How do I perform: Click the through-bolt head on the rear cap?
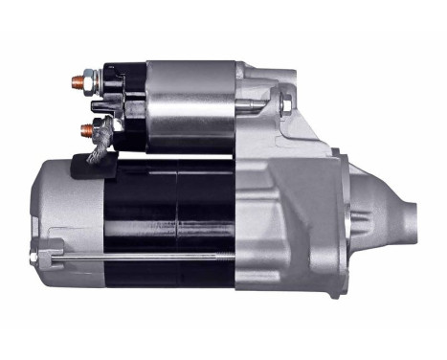(x=39, y=257)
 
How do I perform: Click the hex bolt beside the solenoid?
(x=288, y=101)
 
